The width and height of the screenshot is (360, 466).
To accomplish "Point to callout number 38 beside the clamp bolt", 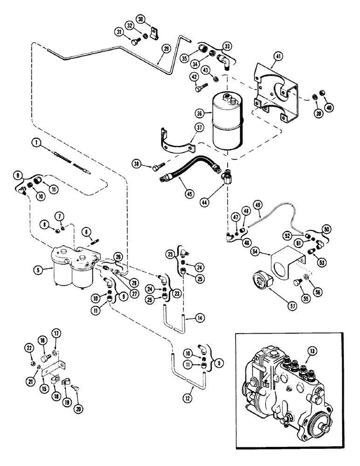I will pyautogui.click(x=138, y=164).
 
